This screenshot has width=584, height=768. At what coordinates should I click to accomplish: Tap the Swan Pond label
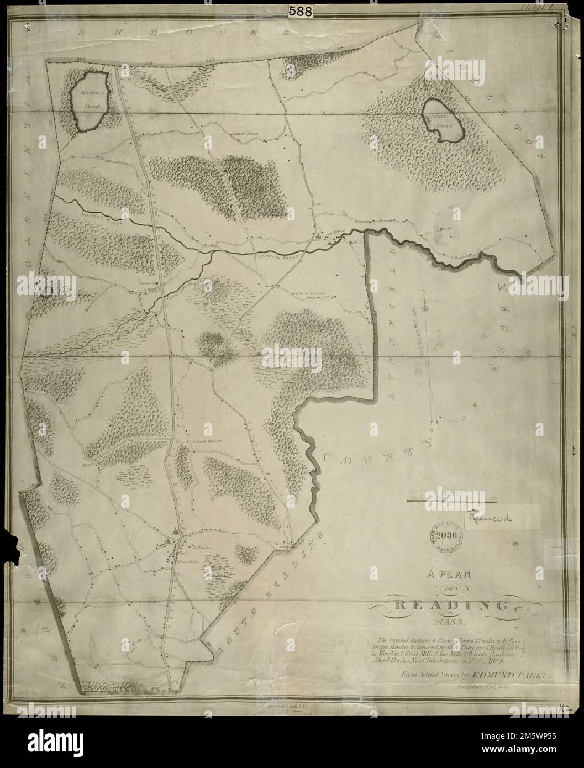[442, 122]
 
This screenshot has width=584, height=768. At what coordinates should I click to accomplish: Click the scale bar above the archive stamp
[451, 500]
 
